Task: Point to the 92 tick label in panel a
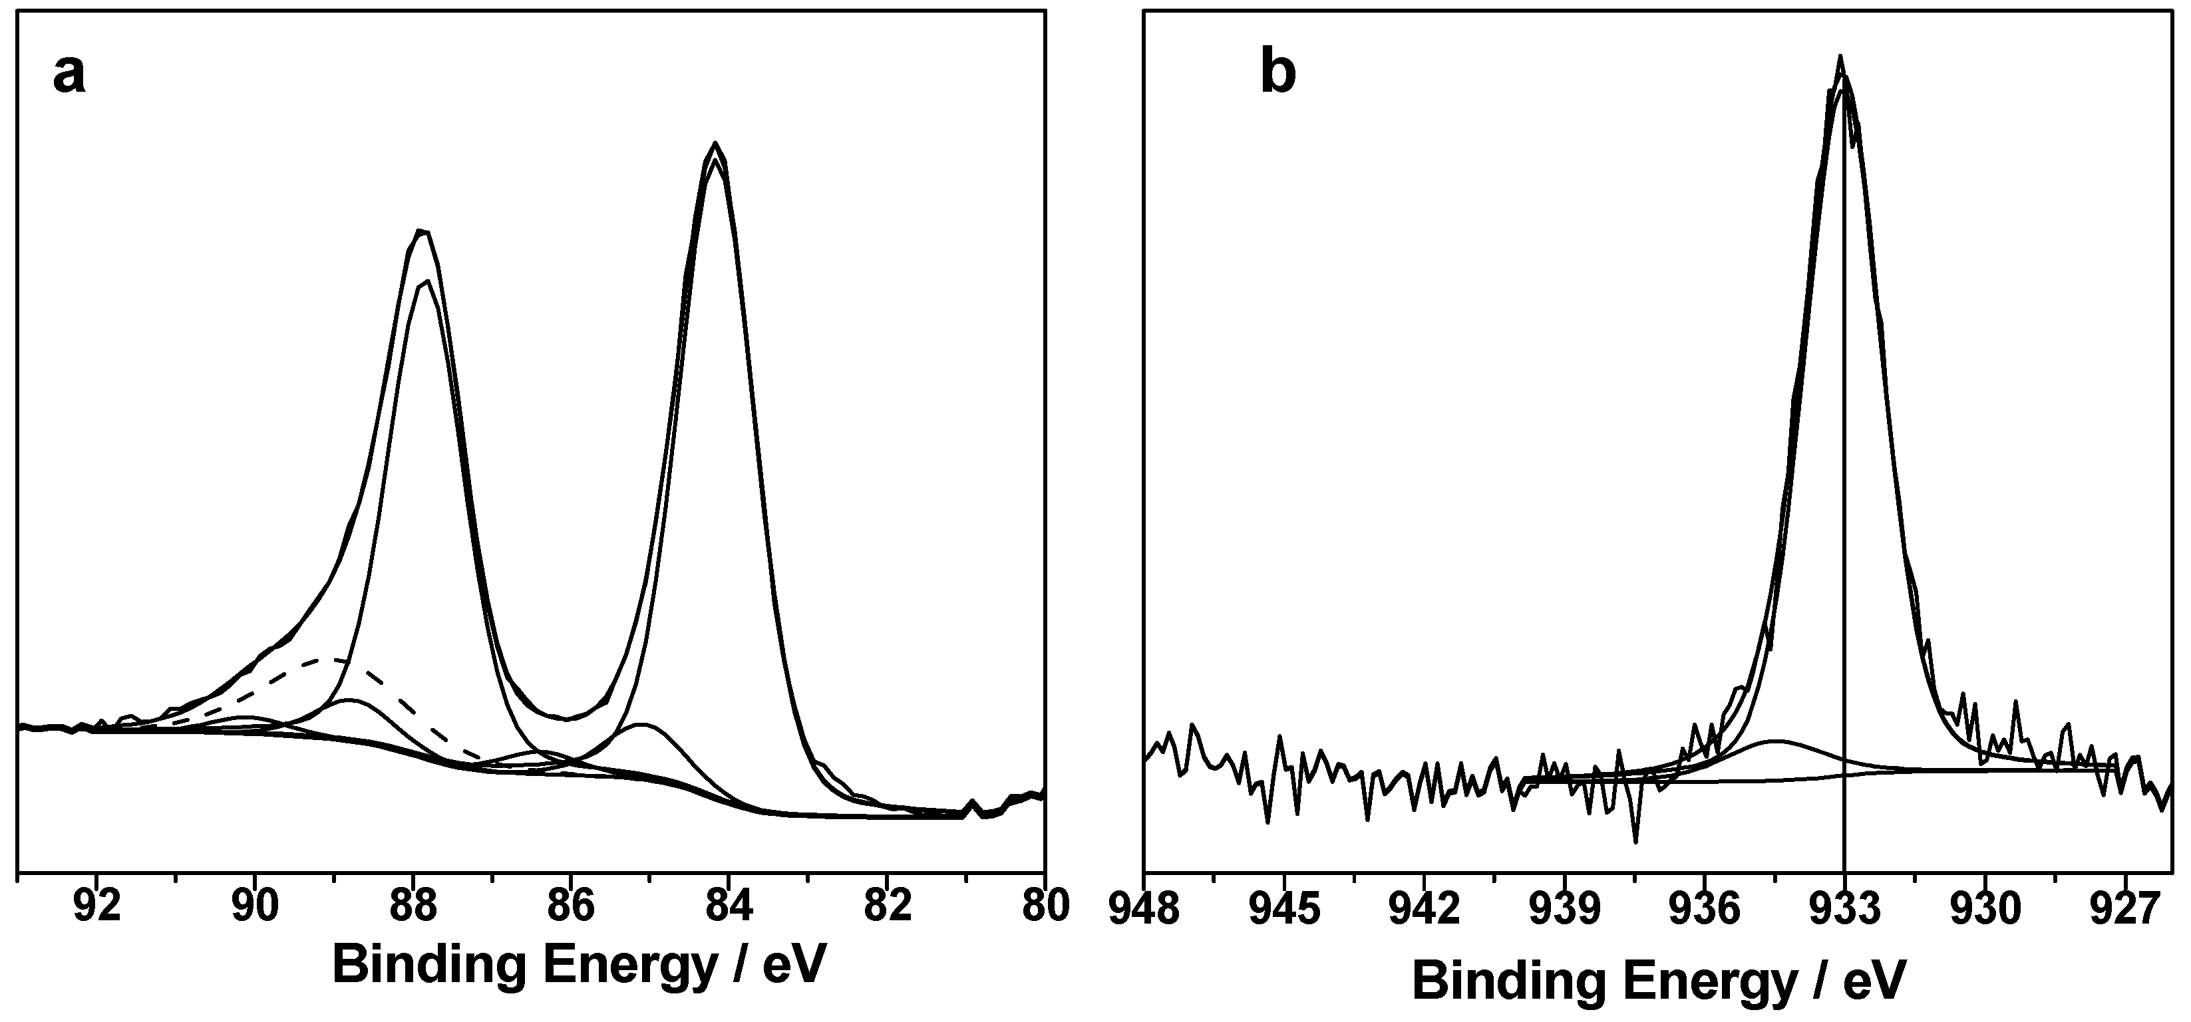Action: coord(97,906)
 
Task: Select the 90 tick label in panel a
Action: coord(255,906)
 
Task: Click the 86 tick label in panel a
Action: coord(571,906)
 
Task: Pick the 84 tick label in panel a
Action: coord(729,906)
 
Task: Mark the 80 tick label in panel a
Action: coord(1045,906)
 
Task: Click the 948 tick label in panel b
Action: coord(1145,909)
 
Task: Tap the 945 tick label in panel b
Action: coord(1284,909)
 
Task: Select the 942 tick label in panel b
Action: coord(1425,909)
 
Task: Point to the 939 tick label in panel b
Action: coord(1564,909)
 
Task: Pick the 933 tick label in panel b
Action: coord(1844,909)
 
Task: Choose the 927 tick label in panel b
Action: coord(2124,909)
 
